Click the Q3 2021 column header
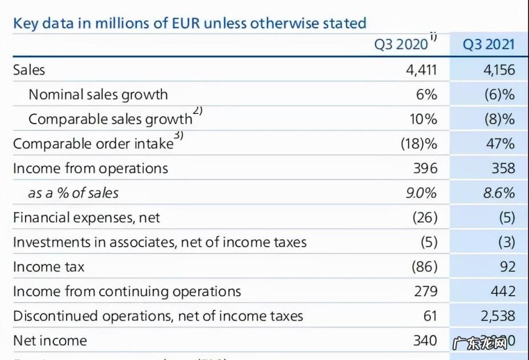tap(489, 44)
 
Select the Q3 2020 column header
tap(400, 44)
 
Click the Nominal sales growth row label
tap(98, 94)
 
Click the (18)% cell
tap(419, 144)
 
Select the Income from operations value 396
tap(425, 168)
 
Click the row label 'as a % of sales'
tap(73, 193)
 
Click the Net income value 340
tap(425, 340)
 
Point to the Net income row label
tap(50, 340)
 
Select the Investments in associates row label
tap(160, 242)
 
